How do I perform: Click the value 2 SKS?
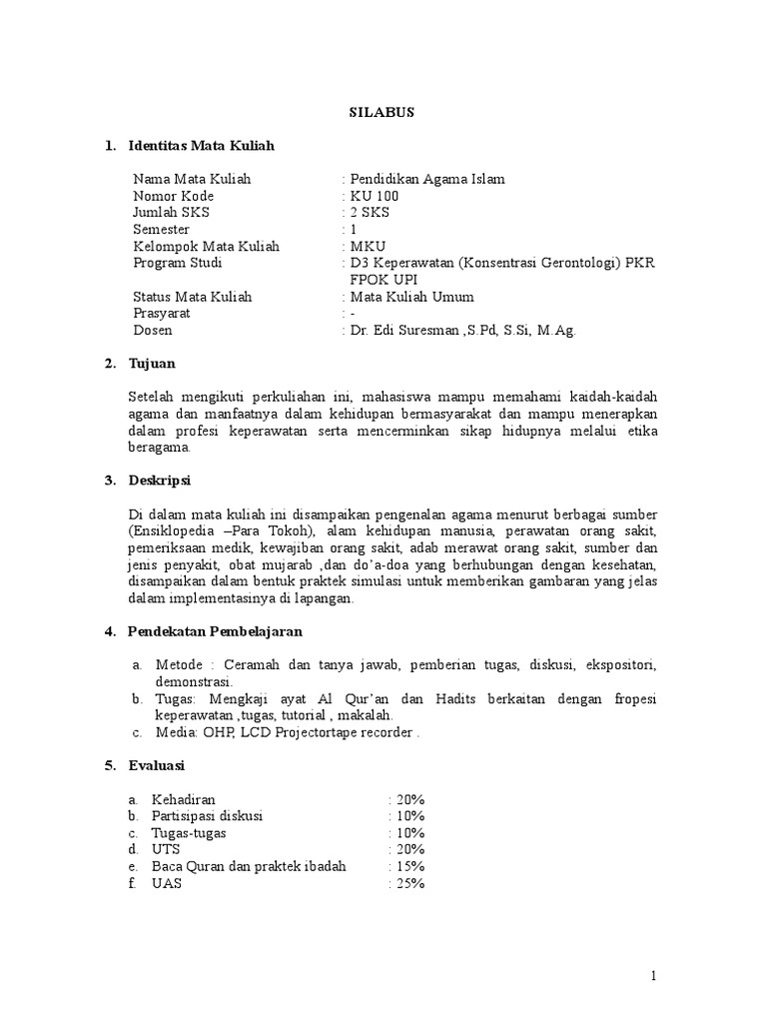tap(369, 213)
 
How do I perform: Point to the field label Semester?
tap(161, 230)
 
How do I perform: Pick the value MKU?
tap(367, 247)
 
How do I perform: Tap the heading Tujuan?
tap(152, 364)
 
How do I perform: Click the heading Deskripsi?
tap(161, 482)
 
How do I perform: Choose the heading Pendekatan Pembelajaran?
tap(215, 632)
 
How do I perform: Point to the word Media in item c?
tap(176, 732)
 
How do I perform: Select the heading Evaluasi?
tap(158, 766)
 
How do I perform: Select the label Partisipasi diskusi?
tap(207, 816)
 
